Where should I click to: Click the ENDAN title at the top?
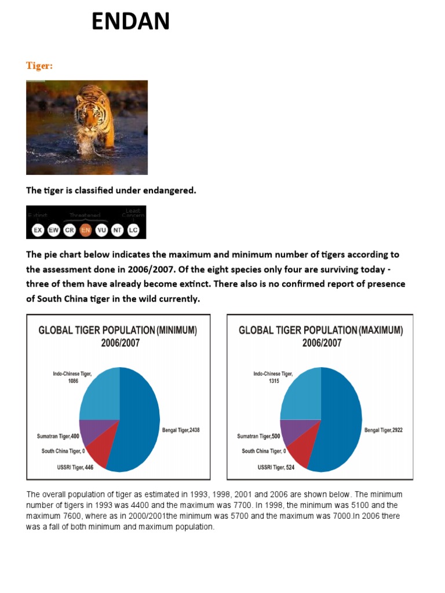click(x=130, y=22)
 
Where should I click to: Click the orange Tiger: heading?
click(x=39, y=66)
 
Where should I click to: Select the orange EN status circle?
click(x=86, y=230)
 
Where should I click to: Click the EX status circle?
click(x=38, y=230)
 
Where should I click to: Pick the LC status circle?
click(x=133, y=230)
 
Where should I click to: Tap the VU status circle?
click(x=101, y=230)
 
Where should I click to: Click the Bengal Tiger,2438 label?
click(x=181, y=431)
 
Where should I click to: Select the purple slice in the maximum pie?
click(x=293, y=431)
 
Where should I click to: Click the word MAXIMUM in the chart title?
click(x=380, y=331)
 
